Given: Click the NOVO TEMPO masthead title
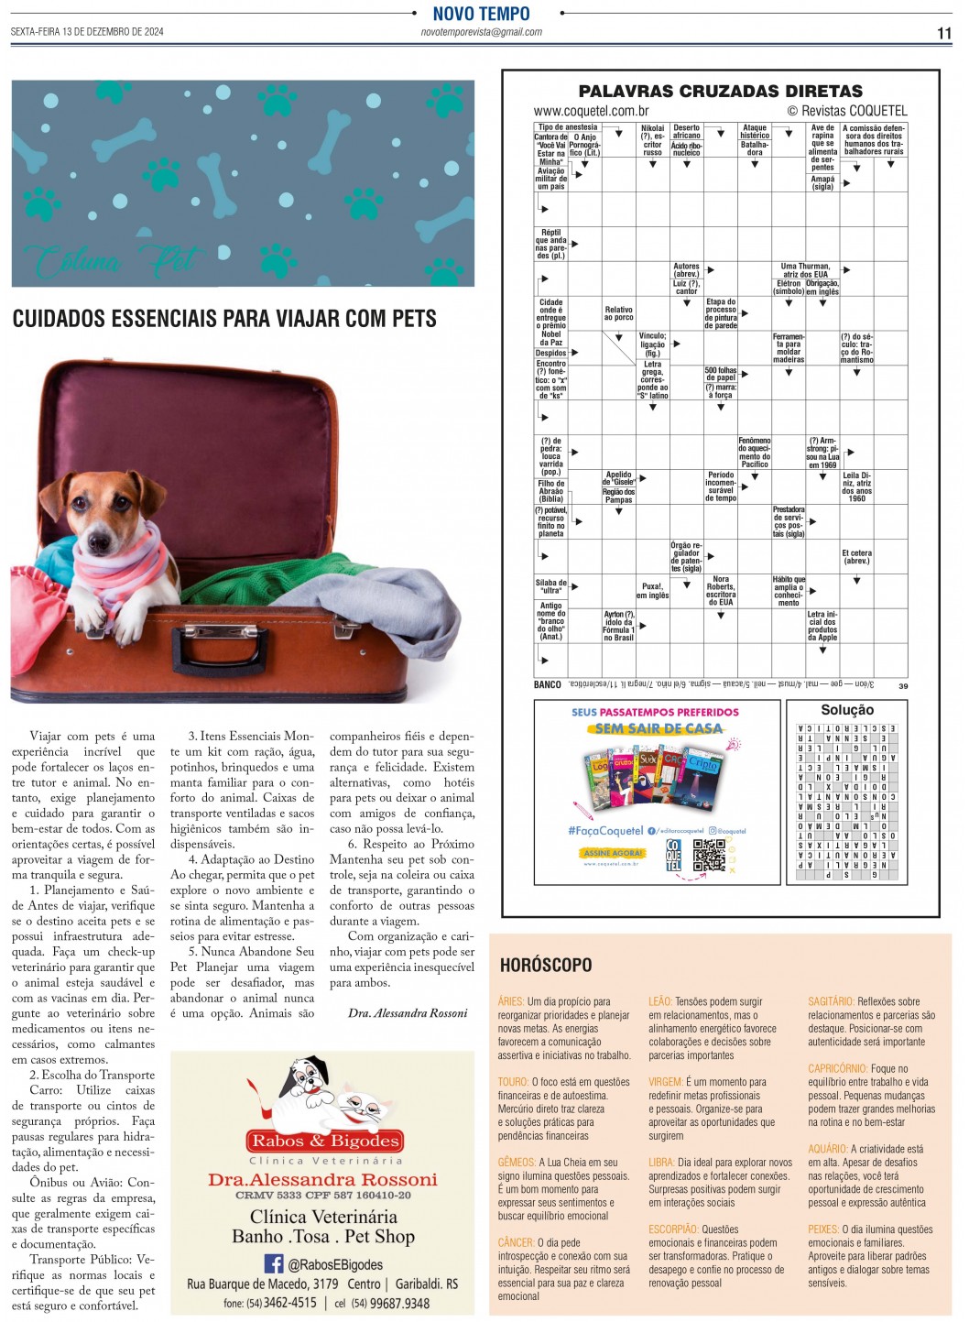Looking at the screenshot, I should [x=481, y=14].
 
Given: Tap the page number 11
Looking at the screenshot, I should [x=943, y=34].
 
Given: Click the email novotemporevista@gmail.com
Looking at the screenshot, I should [x=481, y=32].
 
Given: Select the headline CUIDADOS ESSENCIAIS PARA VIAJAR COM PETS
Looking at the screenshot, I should [x=224, y=319].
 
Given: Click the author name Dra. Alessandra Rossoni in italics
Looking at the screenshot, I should [x=407, y=1013].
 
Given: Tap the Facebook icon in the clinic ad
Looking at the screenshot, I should [x=273, y=1263].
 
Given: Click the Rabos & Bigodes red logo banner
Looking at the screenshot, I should [x=325, y=1141].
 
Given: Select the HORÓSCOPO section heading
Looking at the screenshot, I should [x=546, y=965].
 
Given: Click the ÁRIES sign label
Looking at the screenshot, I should [x=511, y=1002].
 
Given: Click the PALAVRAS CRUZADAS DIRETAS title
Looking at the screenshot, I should [x=720, y=92].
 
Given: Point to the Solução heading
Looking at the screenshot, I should [x=846, y=710].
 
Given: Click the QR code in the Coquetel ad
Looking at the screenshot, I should [x=708, y=854].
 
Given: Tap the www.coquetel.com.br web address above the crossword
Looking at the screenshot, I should [x=592, y=111].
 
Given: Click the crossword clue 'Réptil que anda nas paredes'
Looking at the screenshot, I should [x=551, y=245].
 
